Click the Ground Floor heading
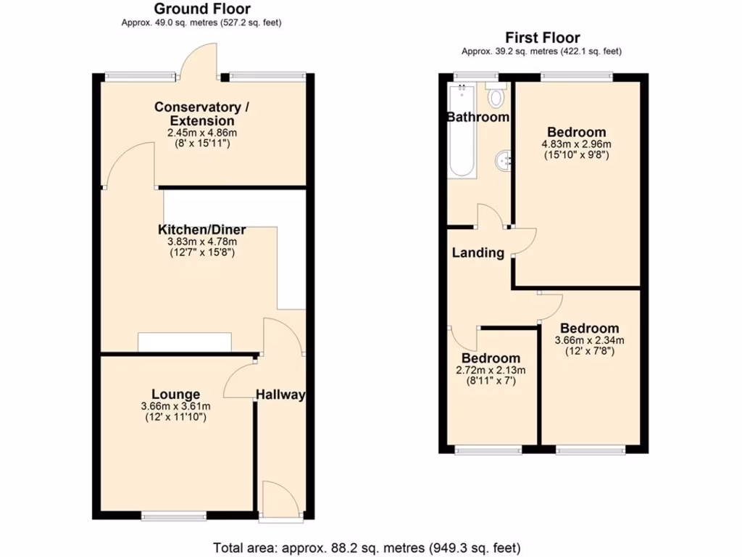pyautogui.click(x=202, y=9)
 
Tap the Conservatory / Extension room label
pyautogui.click(x=201, y=114)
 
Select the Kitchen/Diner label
pyautogui.click(x=198, y=230)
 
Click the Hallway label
pyautogui.click(x=280, y=395)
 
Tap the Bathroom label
pyautogui.click(x=478, y=117)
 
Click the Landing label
pyautogui.click(x=478, y=253)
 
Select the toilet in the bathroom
pyautogui.click(x=496, y=96)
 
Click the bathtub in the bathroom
pyautogui.click(x=461, y=131)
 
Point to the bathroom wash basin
pyautogui.click(x=502, y=161)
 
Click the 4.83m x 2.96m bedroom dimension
pyautogui.click(x=576, y=144)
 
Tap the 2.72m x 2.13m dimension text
pyautogui.click(x=491, y=370)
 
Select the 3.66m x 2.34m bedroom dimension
pyautogui.click(x=589, y=340)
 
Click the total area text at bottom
pyautogui.click(x=367, y=547)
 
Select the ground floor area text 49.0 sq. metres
pyautogui.click(x=201, y=22)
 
